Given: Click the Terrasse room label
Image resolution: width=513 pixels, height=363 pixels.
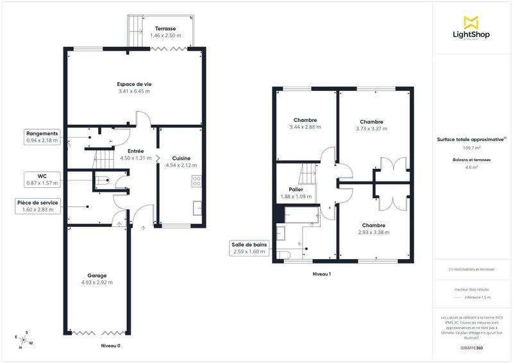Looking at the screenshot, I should (166, 28).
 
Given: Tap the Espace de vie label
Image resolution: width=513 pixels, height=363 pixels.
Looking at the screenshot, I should (134, 85).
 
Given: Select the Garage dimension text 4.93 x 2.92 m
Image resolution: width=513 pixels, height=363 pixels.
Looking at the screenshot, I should (97, 282).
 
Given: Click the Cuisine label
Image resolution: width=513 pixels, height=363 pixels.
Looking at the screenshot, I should (181, 158).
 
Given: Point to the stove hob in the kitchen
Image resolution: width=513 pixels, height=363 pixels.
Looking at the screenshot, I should (196, 181).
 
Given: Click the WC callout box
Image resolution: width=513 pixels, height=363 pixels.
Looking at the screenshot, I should (42, 178).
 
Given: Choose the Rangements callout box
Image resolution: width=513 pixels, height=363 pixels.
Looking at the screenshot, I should (42, 137).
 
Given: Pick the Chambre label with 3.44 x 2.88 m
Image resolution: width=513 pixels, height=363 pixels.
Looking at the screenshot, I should (305, 120).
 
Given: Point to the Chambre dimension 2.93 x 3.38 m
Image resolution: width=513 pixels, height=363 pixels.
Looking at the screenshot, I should (373, 232).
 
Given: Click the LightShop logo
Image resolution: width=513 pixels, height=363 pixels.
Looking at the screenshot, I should (471, 28).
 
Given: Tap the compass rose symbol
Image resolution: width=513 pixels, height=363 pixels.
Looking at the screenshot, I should (24, 339).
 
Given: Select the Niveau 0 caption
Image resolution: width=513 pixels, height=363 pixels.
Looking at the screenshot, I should (110, 346).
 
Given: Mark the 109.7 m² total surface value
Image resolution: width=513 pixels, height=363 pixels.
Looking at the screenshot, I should (471, 147).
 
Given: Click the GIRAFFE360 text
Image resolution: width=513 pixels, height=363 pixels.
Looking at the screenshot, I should (471, 347).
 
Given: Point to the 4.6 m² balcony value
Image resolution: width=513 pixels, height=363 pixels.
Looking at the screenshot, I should (471, 167).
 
